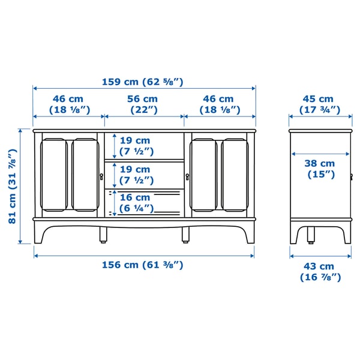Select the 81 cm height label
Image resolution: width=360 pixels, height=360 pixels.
(x=12, y=186)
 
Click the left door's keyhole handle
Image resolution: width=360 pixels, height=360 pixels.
(x=101, y=176)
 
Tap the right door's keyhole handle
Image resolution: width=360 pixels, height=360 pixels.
(x=187, y=176)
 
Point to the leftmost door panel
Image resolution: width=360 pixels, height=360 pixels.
(x=53, y=175)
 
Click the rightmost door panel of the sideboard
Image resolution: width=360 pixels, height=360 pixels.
(x=235, y=175)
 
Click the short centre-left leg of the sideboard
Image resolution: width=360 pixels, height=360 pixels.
(x=104, y=235)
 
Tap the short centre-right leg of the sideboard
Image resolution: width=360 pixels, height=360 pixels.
(x=185, y=235)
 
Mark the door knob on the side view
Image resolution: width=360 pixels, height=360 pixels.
(x=351, y=176)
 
